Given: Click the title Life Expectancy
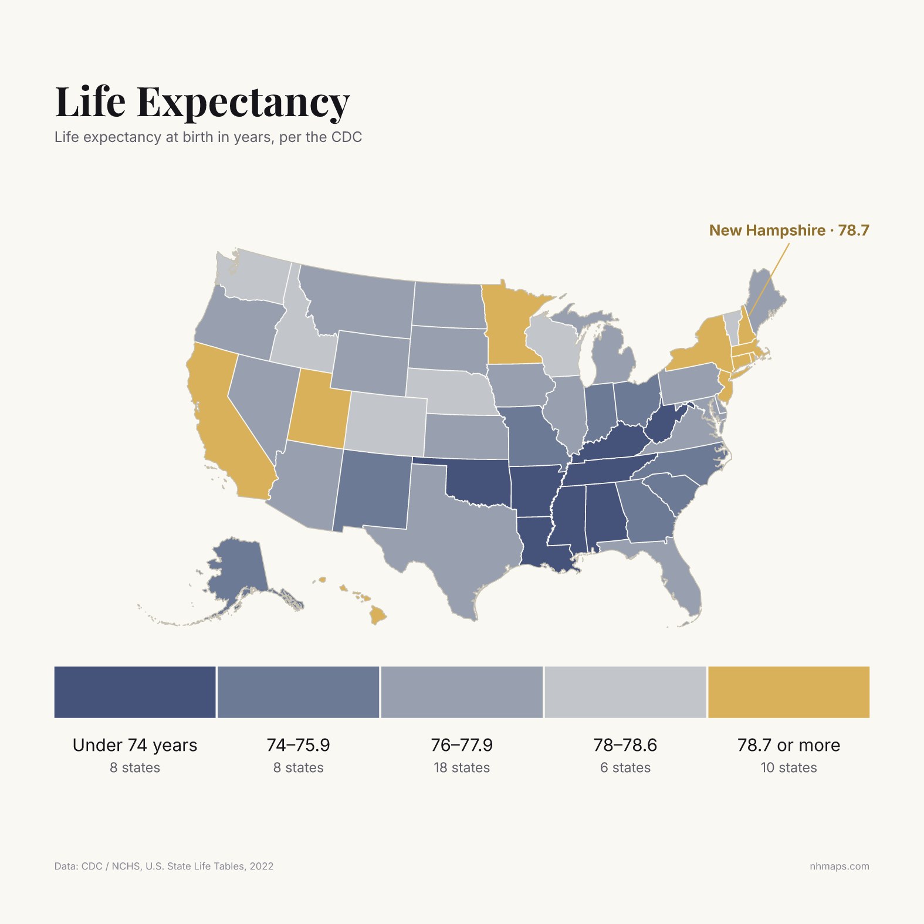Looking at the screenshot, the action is [202, 102].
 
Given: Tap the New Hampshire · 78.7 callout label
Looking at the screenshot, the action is [789, 230].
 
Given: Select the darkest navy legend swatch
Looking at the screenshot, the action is [135, 692].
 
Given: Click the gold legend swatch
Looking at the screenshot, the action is [788, 692].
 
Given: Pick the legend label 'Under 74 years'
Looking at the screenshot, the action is [135, 745].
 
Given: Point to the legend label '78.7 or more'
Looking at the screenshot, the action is [788, 745].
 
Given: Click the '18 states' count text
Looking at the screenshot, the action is [462, 767].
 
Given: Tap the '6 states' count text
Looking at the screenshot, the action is [625, 767].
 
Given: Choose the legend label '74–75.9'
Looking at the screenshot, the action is [298, 745].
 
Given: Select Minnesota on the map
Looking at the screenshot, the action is [510, 323].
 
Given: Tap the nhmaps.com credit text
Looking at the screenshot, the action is [840, 866].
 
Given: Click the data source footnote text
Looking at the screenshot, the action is [164, 866].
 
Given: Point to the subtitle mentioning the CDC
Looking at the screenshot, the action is [208, 137].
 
